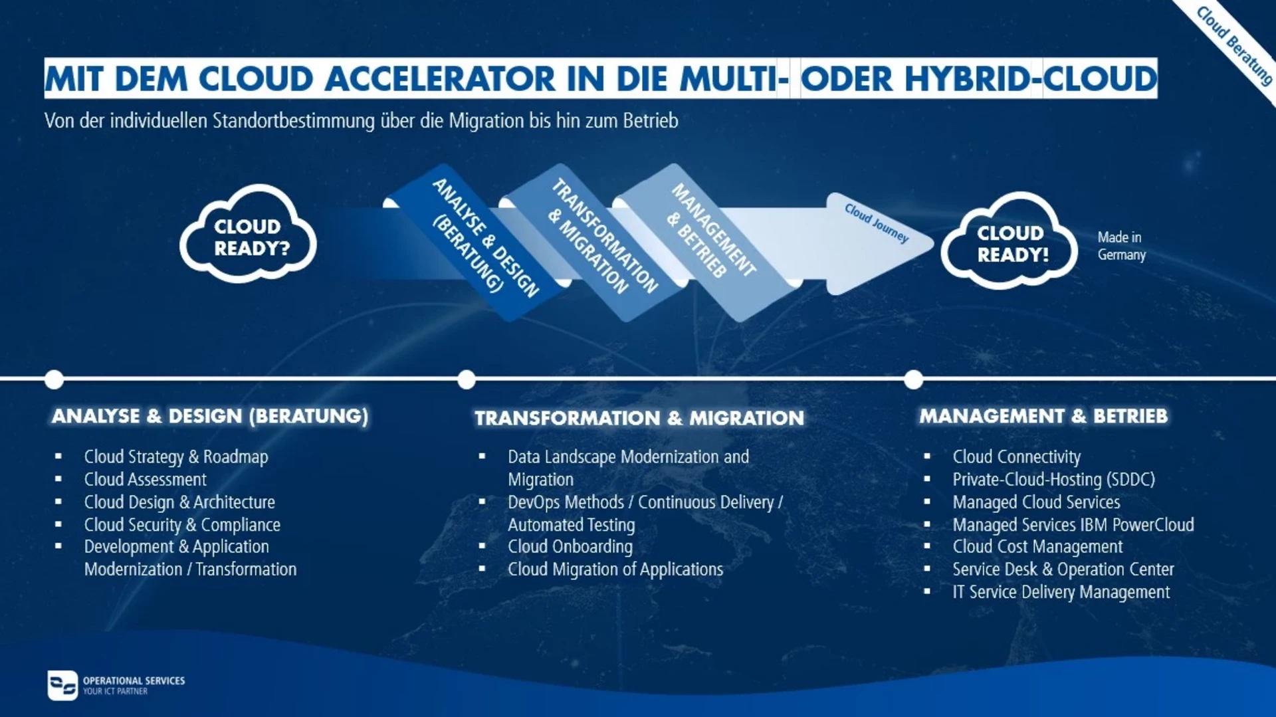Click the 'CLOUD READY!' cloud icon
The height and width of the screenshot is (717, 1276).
pyautogui.click(x=1009, y=241)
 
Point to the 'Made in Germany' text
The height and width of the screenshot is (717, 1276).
pyautogui.click(x=1122, y=246)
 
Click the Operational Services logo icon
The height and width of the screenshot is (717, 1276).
pyautogui.click(x=62, y=685)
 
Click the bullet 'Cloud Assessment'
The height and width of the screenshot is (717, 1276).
pyautogui.click(x=145, y=479)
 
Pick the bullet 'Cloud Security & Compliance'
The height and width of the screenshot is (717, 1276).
pyautogui.click(x=182, y=524)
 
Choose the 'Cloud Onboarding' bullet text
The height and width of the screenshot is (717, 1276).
pyautogui.click(x=570, y=546)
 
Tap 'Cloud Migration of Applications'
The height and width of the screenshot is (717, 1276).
pyautogui.click(x=615, y=569)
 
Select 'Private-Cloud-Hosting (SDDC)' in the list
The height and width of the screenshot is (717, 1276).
pyautogui.click(x=1053, y=479)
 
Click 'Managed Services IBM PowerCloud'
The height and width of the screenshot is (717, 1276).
pyautogui.click(x=1073, y=524)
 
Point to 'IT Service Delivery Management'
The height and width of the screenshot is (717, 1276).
pyautogui.click(x=1061, y=591)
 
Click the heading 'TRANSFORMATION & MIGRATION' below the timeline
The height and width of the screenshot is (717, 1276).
pyautogui.click(x=639, y=418)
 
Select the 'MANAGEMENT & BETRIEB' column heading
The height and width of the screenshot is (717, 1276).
pyautogui.click(x=1043, y=416)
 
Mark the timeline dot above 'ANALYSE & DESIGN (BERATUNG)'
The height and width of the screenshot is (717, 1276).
pyautogui.click(x=54, y=379)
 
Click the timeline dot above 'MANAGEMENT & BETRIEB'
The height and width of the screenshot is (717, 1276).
pyautogui.click(x=914, y=379)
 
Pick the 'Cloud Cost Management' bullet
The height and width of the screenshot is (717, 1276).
pyautogui.click(x=1037, y=546)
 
